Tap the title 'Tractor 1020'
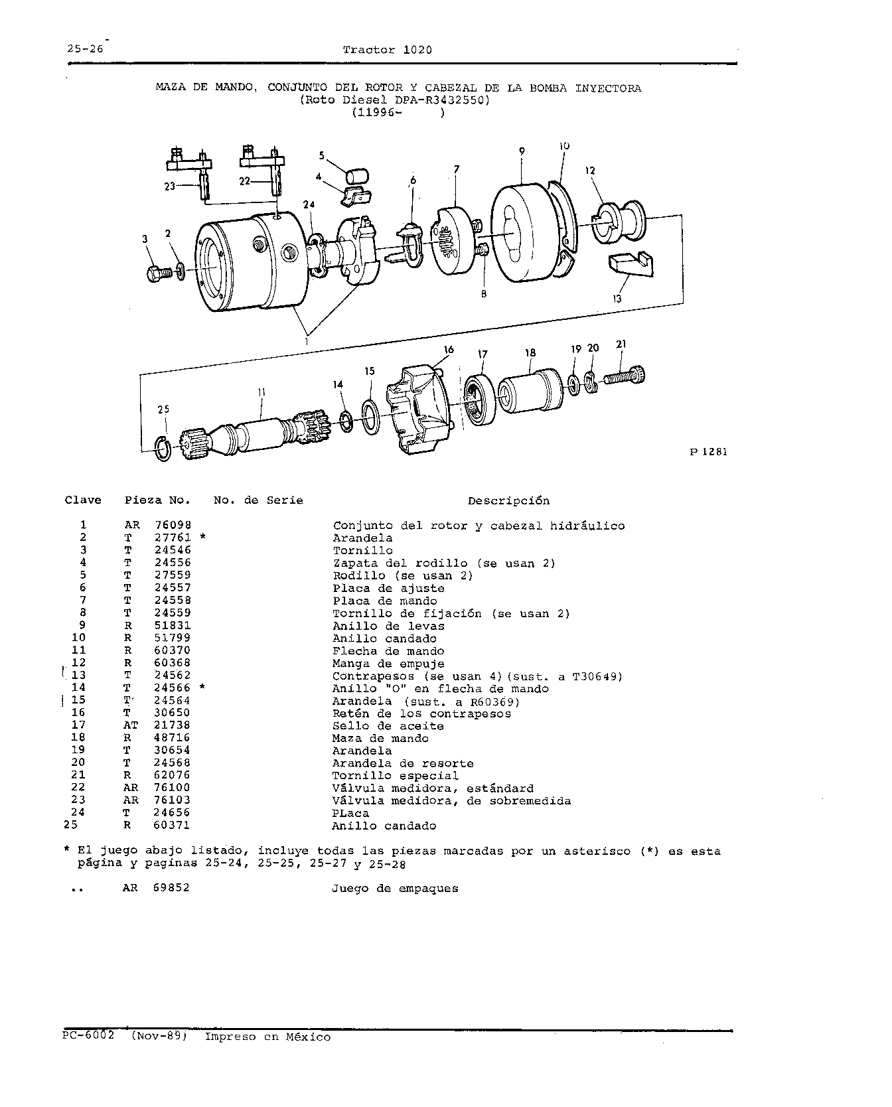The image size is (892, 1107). [x=388, y=50]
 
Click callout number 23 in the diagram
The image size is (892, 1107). [x=170, y=186]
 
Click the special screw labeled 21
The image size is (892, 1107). [x=624, y=378]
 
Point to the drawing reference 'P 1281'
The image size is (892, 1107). [x=709, y=452]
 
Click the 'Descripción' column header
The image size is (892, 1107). [x=508, y=500]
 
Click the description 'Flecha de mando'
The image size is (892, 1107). [x=388, y=651]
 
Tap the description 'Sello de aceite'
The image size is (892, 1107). [x=388, y=726]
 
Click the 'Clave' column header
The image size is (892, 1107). [x=83, y=500]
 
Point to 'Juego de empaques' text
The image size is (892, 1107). [x=395, y=889]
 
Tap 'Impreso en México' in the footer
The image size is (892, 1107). [x=267, y=1037]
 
